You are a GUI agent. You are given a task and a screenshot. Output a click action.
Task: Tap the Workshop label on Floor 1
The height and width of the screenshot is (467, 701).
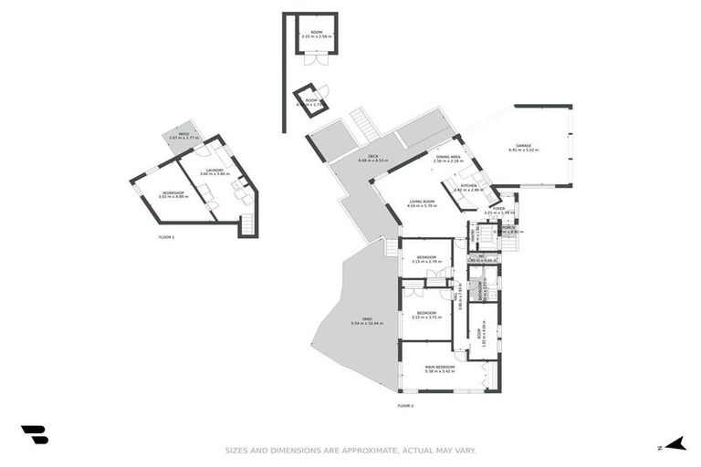(173, 192)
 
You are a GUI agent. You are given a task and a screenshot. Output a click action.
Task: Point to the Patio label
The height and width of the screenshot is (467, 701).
(183, 133)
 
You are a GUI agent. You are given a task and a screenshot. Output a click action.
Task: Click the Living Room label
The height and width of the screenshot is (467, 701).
(421, 202)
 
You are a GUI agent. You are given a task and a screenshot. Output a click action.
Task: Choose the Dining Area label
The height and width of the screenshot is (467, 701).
(447, 157)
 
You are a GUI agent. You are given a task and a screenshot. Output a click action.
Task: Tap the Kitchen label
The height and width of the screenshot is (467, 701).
(468, 185)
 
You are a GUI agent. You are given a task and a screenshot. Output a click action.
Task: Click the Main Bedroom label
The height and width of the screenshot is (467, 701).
(439, 367)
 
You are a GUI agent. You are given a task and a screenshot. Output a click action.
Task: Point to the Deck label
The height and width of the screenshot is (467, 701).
(373, 156)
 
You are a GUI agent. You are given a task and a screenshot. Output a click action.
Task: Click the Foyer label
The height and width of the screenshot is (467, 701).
(498, 209)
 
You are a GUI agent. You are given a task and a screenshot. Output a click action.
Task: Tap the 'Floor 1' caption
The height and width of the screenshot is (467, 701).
(166, 237)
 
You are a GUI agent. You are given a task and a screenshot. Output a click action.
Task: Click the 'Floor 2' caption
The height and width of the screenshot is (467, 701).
(405, 405)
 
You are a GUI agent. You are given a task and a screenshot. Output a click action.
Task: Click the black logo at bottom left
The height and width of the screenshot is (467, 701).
(35, 434)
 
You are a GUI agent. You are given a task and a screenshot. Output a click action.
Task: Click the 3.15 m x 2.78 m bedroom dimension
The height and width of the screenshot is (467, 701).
(427, 262)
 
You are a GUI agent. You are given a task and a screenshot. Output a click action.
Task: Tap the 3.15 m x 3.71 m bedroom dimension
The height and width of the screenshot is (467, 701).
(427, 317)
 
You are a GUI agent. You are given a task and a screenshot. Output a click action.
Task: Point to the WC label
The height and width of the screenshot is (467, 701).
(480, 256)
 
